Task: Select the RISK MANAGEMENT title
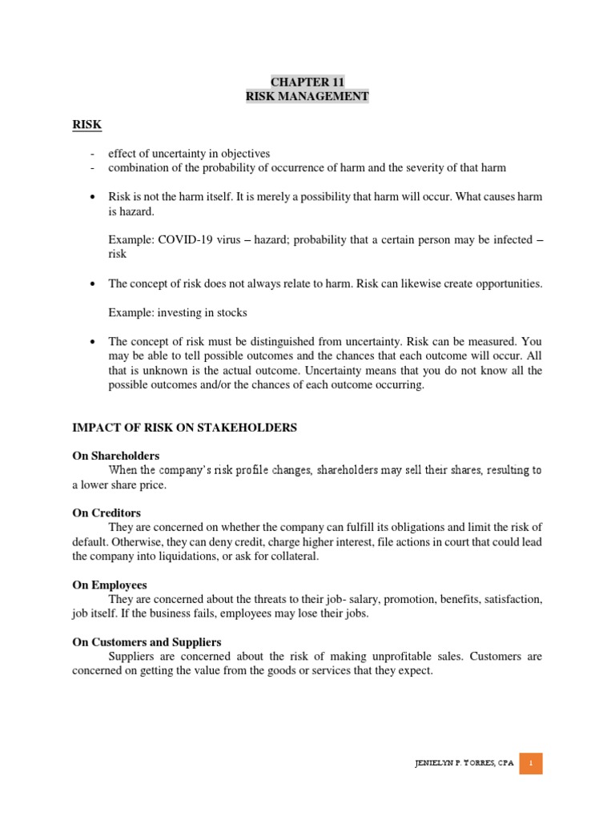click(x=307, y=96)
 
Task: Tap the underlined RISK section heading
click(x=87, y=125)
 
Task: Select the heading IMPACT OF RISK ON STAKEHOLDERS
click(x=185, y=428)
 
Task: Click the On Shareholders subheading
click(x=116, y=456)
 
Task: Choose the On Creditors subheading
click(x=107, y=512)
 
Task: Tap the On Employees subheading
click(x=110, y=585)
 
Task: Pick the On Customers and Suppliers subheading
click(x=147, y=642)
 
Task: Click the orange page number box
click(x=530, y=763)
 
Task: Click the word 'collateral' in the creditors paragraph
click(x=292, y=557)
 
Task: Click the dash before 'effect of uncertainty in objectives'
click(x=94, y=153)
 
